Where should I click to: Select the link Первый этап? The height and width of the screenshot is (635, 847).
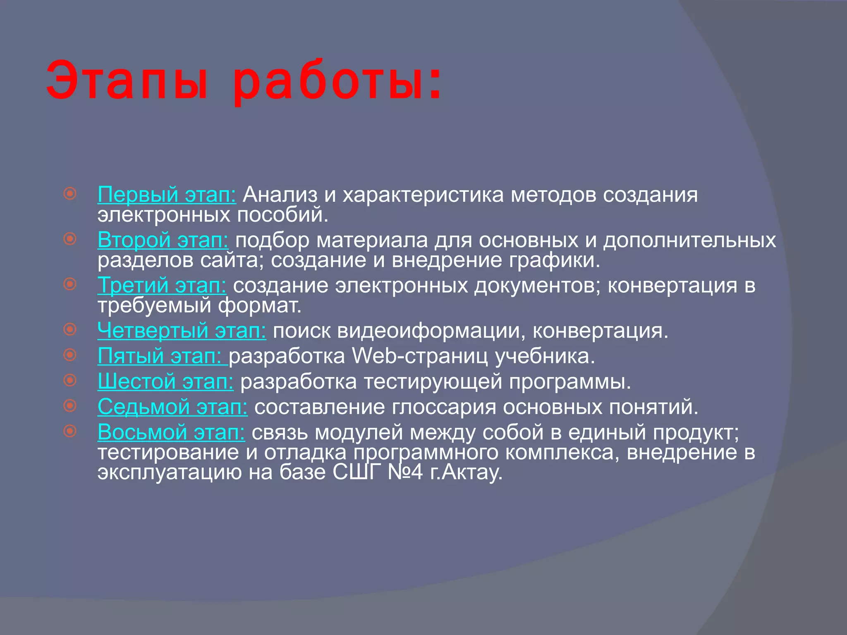pyautogui.click(x=167, y=194)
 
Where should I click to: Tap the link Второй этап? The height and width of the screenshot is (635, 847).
pyautogui.click(x=163, y=240)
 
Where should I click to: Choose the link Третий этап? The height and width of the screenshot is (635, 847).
pyautogui.click(x=162, y=285)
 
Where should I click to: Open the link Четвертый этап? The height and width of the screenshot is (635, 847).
pyautogui.click(x=182, y=330)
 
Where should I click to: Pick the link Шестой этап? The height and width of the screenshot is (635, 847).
pyautogui.click(x=165, y=381)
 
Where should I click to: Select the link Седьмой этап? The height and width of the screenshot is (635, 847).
pyautogui.click(x=172, y=406)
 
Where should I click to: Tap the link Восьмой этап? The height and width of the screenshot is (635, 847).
pyautogui.click(x=171, y=432)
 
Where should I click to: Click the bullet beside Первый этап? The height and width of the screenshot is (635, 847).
pyautogui.click(x=70, y=193)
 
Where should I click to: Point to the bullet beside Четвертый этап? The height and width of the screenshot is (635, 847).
pyautogui.click(x=70, y=329)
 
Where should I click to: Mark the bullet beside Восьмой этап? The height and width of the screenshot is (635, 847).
pyautogui.click(x=70, y=431)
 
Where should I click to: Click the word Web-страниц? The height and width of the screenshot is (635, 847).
pyautogui.click(x=419, y=356)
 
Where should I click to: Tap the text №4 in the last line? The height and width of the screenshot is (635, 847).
pyautogui.click(x=405, y=472)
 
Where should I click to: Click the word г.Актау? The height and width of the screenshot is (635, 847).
pyautogui.click(x=466, y=472)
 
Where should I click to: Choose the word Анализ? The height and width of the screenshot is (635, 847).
pyautogui.click(x=280, y=194)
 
